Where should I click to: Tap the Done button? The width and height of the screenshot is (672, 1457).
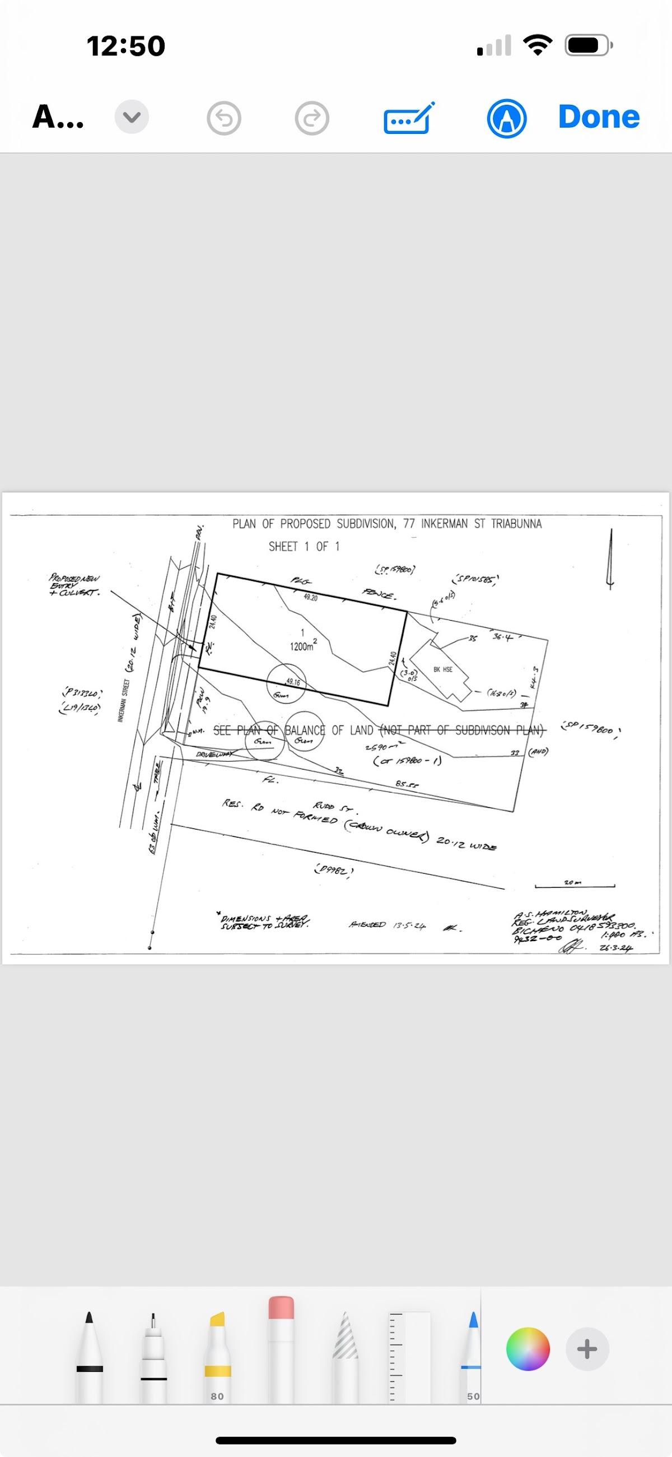[x=599, y=117]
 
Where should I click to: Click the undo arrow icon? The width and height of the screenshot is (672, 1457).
[x=224, y=118]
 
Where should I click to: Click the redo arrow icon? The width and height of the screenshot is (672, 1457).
[x=312, y=118]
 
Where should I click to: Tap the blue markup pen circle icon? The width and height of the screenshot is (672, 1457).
[x=507, y=118]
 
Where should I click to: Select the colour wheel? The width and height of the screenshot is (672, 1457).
[x=528, y=1349]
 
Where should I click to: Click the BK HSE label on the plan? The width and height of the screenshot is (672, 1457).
[x=443, y=669]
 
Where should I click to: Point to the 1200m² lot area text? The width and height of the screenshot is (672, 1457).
[x=302, y=646]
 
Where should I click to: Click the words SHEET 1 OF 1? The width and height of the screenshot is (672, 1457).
[x=304, y=546]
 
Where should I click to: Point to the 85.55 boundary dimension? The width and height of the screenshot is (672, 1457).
[x=407, y=784]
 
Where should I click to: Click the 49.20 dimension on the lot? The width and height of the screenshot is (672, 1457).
[x=311, y=597]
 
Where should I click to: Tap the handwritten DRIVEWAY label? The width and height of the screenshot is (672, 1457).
[x=214, y=755]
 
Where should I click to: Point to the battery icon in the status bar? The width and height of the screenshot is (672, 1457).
[x=589, y=45]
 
